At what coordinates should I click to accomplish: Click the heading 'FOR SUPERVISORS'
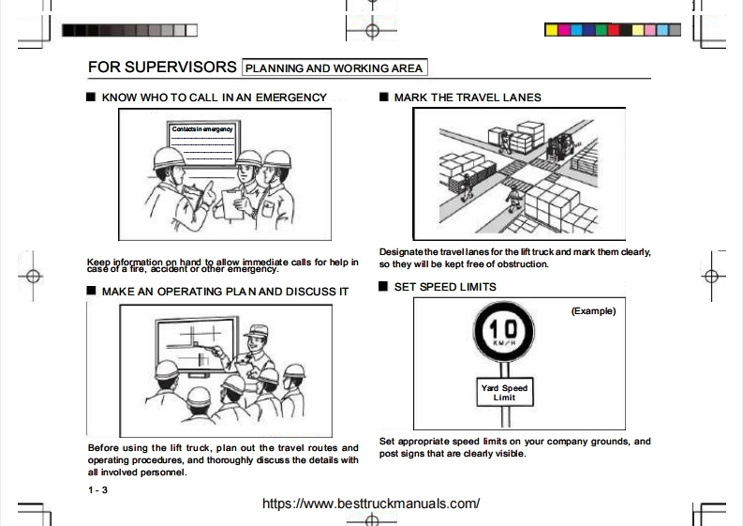click(161, 68)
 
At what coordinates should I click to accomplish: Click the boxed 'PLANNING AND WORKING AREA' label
click(334, 68)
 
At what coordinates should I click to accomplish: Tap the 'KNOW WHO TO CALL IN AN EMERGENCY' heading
click(214, 98)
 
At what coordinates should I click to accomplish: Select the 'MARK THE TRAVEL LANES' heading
click(467, 98)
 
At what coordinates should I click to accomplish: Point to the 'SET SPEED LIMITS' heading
click(445, 286)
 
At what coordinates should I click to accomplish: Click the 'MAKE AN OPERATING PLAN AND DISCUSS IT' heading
click(224, 292)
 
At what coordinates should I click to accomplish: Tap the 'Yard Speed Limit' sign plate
click(505, 393)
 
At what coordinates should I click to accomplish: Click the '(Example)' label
click(593, 311)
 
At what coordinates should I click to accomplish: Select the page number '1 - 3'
click(97, 490)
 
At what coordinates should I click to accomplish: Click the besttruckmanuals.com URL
click(371, 503)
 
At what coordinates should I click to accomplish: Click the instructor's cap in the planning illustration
click(254, 331)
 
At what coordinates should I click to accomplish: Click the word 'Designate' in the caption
click(401, 251)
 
